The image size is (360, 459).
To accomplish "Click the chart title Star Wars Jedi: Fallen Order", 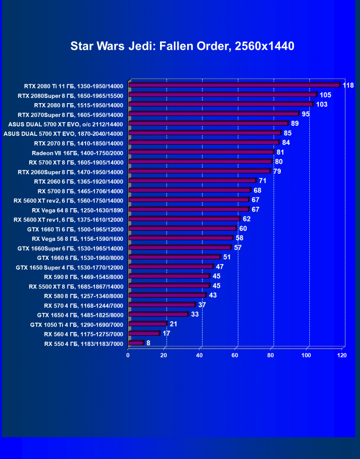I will pos(182,46).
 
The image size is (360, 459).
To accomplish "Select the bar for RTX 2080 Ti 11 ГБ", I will pos(234,86).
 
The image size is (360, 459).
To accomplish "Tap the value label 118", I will pos(349,85).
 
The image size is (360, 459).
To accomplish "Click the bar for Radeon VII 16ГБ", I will pos(201,152).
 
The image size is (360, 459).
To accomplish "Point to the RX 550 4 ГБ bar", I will pos(136,343).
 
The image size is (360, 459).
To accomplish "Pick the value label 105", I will pos(325,95).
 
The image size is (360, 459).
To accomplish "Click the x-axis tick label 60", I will pos(235,355).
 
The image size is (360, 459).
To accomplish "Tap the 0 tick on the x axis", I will pos(128,355).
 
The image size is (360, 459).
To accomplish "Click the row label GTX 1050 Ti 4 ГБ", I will pos(77,324).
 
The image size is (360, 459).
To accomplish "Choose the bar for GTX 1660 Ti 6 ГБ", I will pos(182,229).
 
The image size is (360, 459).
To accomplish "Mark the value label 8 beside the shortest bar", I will pos(148,343).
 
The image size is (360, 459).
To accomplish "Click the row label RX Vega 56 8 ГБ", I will pos(77,238).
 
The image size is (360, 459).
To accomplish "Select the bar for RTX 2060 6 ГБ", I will pos(192,181).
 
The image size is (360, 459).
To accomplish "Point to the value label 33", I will pos(195,314).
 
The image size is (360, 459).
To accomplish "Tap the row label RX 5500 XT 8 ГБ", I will pos(76,286).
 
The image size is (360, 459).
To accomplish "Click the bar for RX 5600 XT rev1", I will pos(184,219).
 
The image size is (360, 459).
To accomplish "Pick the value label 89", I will pos(295,124).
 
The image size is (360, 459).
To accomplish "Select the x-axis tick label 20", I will pos(164,355).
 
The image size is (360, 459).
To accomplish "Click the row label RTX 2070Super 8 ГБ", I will pos(70,115).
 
